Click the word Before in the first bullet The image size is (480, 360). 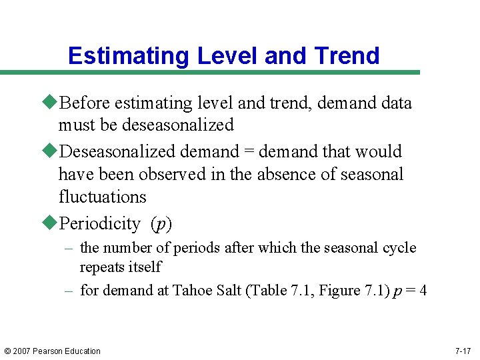tap(85, 103)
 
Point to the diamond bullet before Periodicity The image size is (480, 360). tap(51, 223)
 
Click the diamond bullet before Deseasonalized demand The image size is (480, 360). tap(51, 151)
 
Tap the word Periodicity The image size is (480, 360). tap(99, 224)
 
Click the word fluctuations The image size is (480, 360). tap(102, 197)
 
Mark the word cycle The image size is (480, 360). tap(397, 248)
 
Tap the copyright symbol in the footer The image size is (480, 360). tap(7, 351)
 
